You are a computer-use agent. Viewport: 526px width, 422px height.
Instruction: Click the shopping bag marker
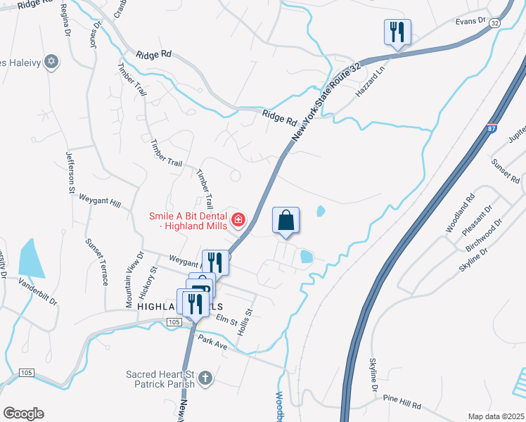[286, 220]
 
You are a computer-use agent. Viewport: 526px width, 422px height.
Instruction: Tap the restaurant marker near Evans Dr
[397, 32]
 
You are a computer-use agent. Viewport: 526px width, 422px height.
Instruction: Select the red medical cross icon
[238, 221]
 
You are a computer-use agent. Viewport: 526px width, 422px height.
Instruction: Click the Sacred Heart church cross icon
[205, 378]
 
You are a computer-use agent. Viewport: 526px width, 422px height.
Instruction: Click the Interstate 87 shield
[489, 129]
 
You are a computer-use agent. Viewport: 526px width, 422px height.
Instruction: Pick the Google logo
[23, 414]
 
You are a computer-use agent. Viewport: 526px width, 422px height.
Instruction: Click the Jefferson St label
[70, 172]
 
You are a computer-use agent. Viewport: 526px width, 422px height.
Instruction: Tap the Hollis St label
[247, 320]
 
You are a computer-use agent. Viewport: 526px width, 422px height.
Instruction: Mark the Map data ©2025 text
[495, 416]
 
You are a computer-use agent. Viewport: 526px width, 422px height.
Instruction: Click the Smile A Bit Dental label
[188, 221]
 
